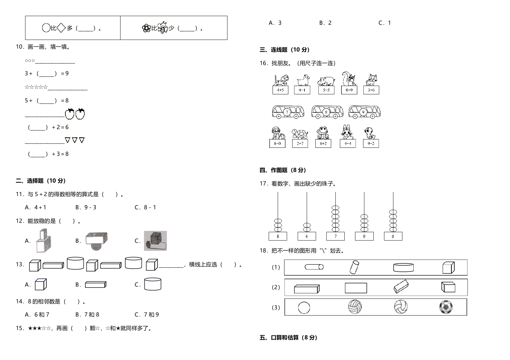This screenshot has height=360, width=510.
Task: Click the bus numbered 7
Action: [288, 112]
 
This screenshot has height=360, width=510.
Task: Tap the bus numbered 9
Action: [364, 112]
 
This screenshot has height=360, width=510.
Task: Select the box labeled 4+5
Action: [280, 90]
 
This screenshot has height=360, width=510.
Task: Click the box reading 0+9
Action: [349, 90]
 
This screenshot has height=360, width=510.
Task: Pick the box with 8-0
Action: [277, 144]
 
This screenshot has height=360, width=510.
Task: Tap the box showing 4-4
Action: [348, 144]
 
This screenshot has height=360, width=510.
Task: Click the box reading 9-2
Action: [371, 144]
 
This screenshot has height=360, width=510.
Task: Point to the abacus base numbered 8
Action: [278, 236]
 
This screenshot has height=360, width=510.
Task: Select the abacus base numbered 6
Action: [393, 236]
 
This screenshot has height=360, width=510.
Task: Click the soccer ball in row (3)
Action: [446, 307]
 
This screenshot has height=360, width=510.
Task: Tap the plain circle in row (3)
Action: [304, 308]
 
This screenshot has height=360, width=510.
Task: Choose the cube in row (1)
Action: [448, 268]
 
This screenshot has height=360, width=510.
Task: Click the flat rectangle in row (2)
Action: [356, 288]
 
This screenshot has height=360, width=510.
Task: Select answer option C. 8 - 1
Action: [145, 207]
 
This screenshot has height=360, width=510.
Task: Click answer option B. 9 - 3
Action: [86, 207]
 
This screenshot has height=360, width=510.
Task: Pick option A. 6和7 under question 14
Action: [37, 315]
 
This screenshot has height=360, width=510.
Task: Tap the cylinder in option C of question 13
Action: [153, 284]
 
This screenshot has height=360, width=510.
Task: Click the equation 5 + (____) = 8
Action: [47, 100]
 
